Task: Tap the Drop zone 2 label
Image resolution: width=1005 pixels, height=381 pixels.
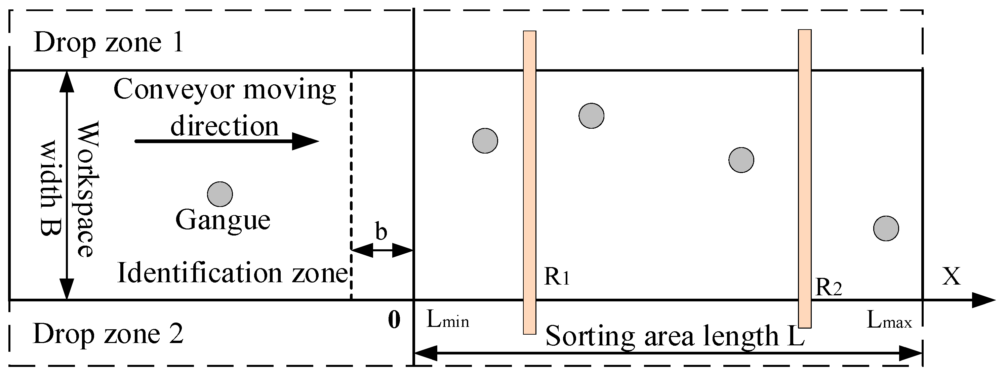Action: pos(108,334)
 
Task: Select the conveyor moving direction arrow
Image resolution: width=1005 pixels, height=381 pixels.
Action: pos(226,141)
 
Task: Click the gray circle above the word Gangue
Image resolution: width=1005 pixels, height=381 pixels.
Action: pos(220,194)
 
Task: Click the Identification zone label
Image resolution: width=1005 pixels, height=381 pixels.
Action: pos(232,273)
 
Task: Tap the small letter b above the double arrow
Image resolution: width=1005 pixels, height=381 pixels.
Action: pos(381,231)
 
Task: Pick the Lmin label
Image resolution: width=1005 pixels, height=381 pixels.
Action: pos(447,321)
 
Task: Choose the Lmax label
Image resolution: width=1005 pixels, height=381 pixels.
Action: pos(889,321)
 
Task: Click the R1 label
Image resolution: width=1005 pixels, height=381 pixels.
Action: pos(557,278)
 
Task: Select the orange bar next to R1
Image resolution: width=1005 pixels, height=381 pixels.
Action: pos(529,182)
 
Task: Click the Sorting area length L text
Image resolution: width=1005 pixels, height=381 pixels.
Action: pos(675,336)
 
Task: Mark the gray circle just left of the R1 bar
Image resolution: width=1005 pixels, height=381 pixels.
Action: pos(485,141)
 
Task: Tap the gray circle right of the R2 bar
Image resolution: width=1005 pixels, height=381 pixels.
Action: pos(886,228)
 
